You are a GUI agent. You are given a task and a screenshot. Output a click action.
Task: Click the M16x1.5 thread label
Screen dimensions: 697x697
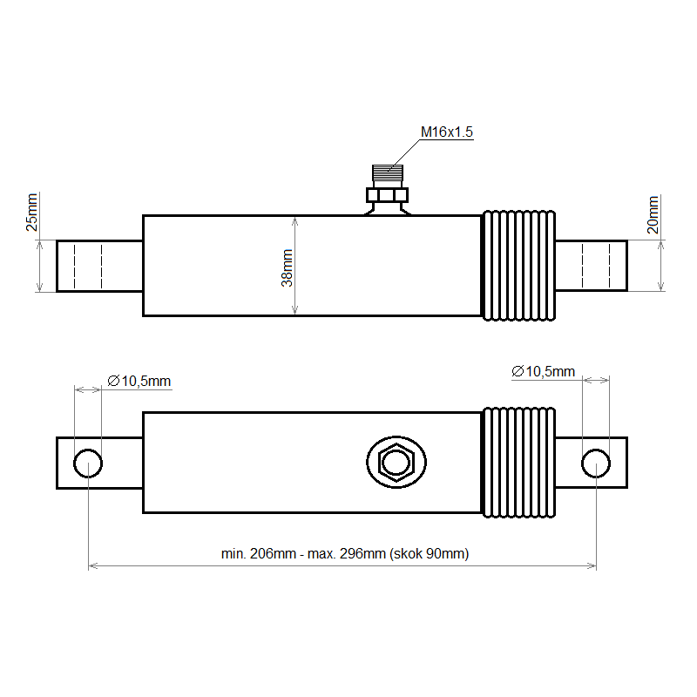point(447,132)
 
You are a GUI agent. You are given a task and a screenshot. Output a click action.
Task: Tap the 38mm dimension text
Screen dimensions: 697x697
point(288,268)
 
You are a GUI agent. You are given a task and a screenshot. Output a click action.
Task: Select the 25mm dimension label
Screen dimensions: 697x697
point(31,213)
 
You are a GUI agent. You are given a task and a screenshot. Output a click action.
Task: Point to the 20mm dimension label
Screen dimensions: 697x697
point(653,214)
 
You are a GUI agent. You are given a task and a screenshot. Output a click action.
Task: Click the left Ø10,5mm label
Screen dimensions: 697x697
point(139,381)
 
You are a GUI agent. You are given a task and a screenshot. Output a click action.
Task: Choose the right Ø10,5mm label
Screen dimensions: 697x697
point(543,371)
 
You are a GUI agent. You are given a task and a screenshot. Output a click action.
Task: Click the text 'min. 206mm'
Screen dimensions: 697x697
point(259,554)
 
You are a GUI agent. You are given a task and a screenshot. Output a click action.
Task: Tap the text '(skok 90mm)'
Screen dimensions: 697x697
point(429,554)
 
